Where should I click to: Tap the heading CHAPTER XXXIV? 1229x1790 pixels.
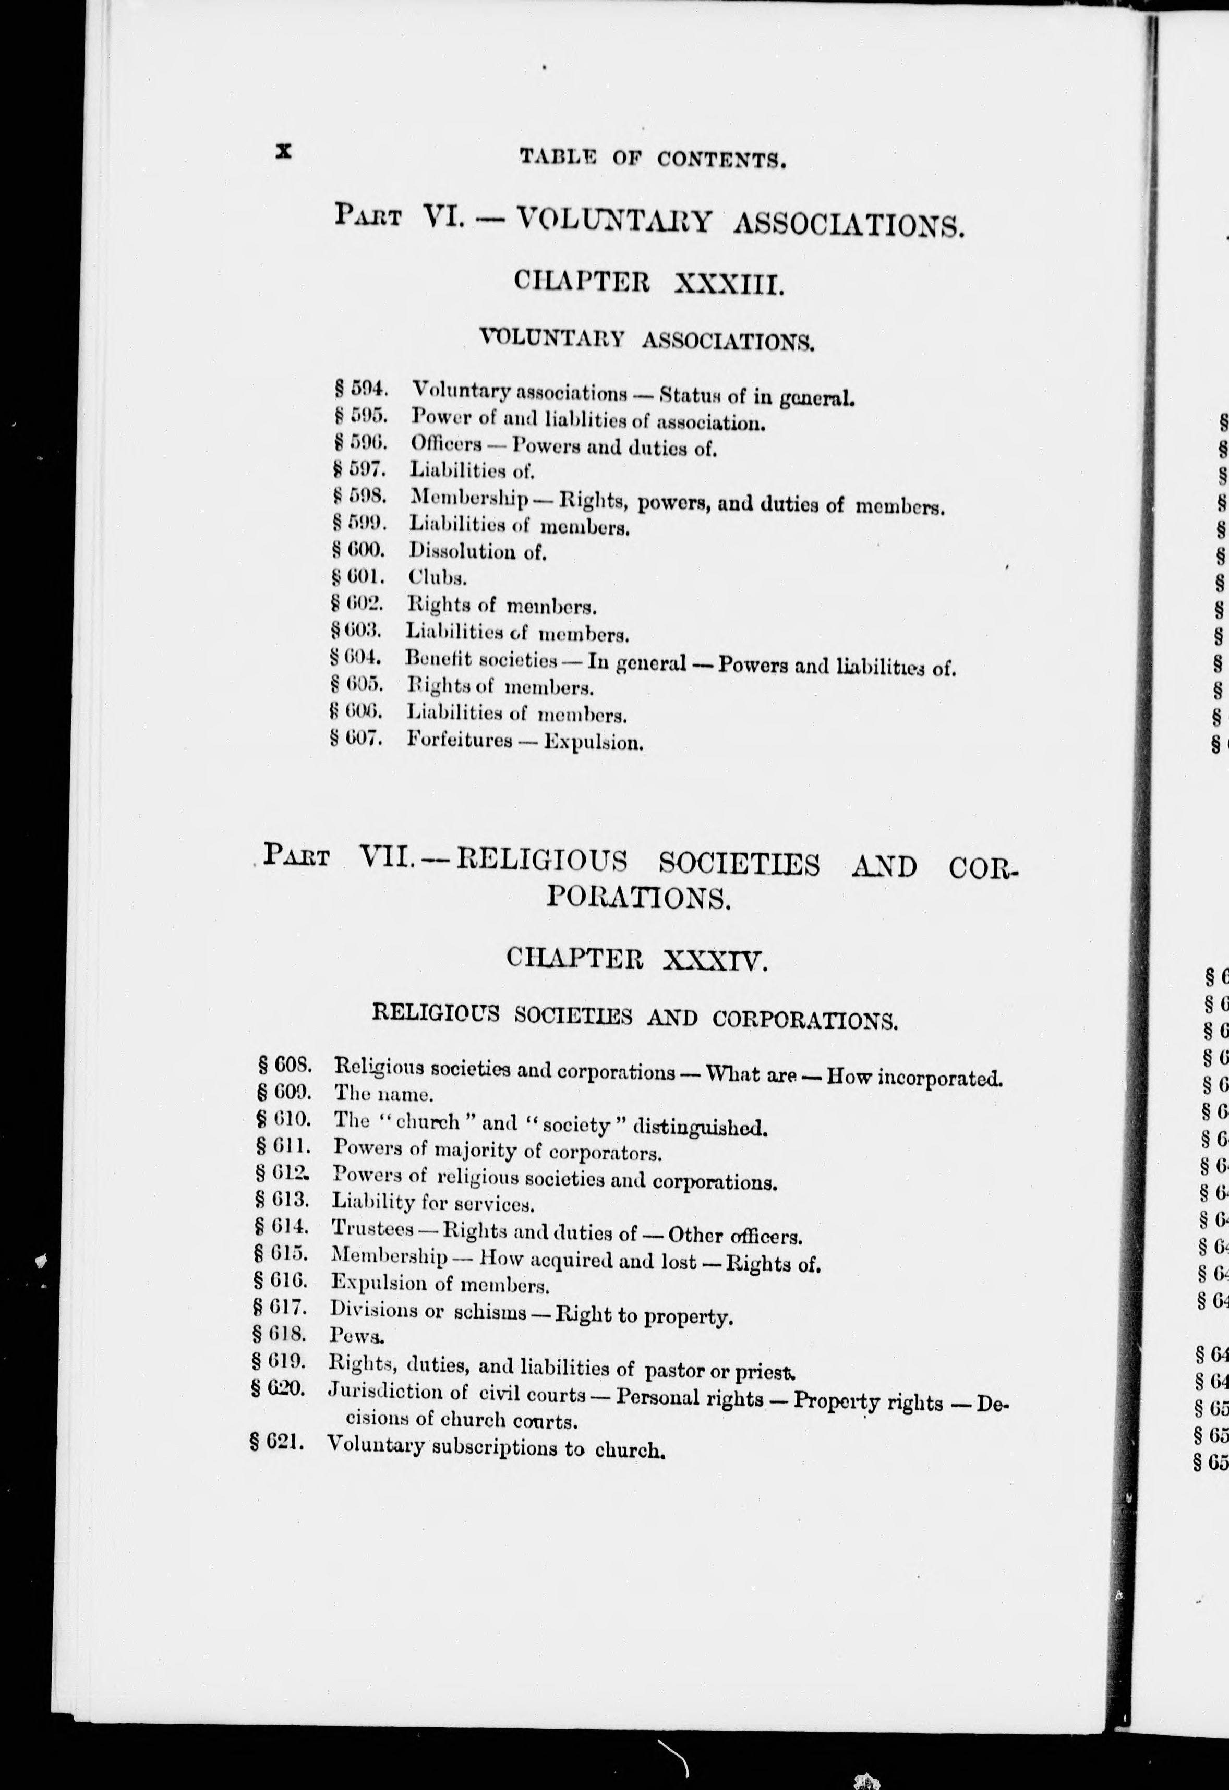pyautogui.click(x=637, y=959)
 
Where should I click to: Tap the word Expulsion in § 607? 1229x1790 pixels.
pyautogui.click(x=593, y=743)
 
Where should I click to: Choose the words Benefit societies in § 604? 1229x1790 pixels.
pyautogui.click(x=481, y=660)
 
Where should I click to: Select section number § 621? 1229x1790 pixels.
pyautogui.click(x=276, y=1442)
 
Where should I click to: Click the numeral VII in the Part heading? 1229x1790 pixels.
pyautogui.click(x=388, y=857)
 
